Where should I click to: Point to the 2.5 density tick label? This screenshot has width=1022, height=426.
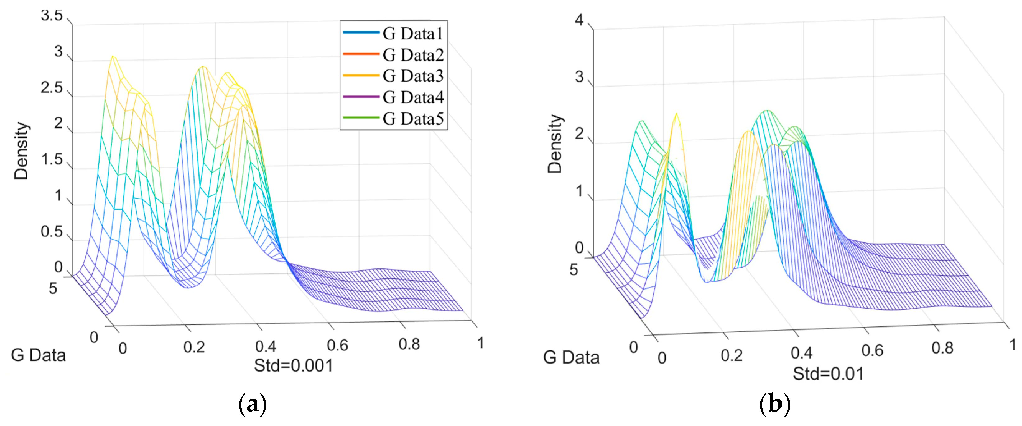coord(52,88)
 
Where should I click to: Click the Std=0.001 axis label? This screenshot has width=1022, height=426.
coord(294,365)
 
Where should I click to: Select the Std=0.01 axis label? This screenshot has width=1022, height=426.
coord(828,374)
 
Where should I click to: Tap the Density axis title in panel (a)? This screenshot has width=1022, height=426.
coord(21,151)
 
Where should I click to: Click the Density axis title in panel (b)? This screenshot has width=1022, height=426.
coord(555,144)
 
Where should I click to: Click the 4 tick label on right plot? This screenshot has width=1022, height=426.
coord(579,20)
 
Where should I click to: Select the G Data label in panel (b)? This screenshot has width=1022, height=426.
coord(571,357)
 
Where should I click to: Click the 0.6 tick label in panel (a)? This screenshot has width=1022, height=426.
coord(338,346)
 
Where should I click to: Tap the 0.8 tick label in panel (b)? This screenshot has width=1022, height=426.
coord(943,348)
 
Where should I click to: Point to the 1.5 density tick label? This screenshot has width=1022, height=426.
coord(52,160)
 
